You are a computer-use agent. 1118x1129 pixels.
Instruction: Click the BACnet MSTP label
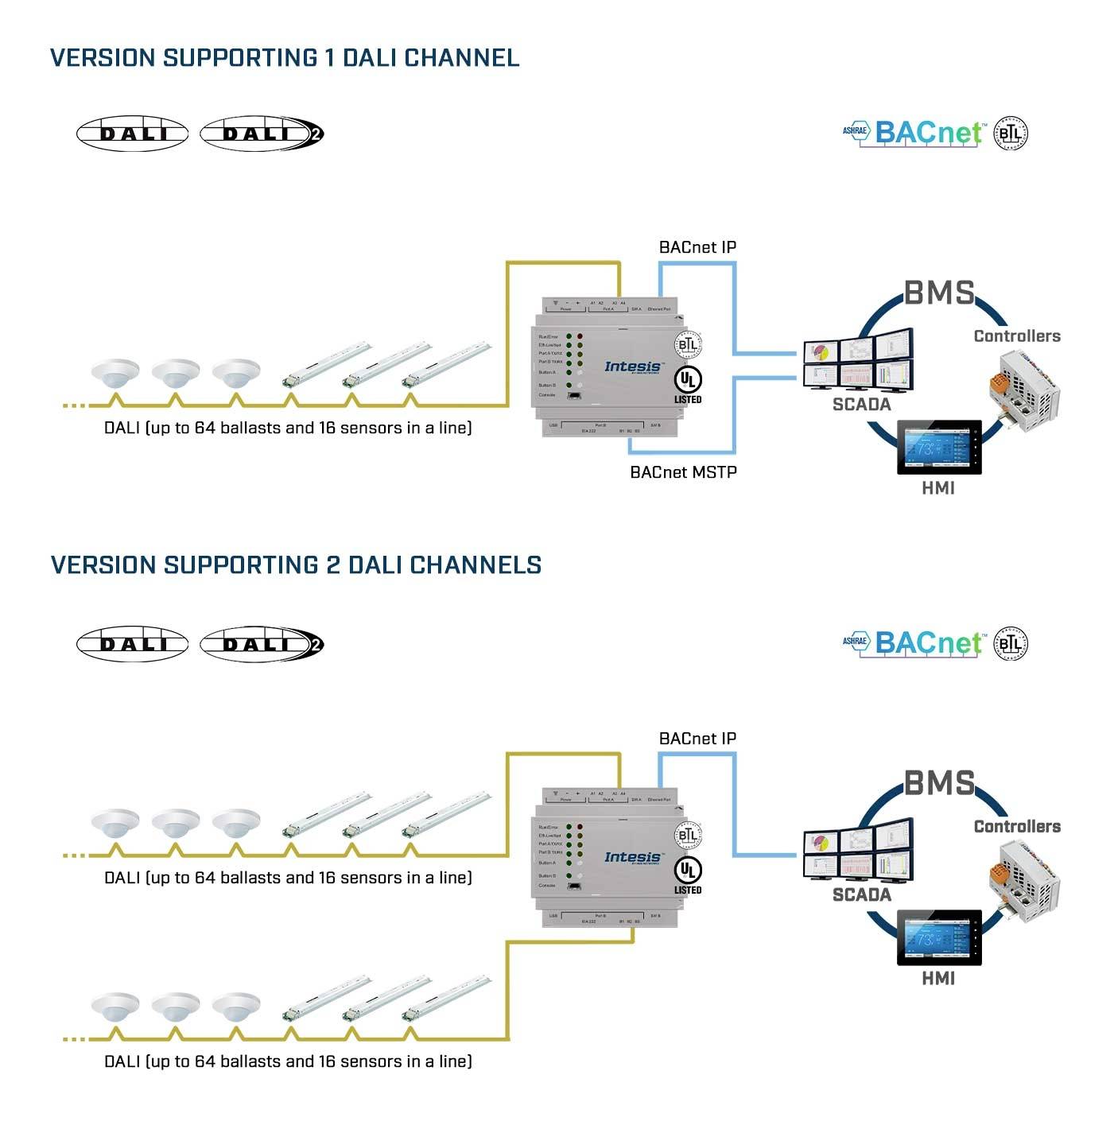point(683,472)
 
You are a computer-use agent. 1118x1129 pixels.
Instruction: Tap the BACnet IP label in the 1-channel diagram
point(697,247)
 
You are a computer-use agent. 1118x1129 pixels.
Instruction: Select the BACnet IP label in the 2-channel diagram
point(697,739)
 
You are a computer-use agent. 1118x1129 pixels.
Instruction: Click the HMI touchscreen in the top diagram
point(938,448)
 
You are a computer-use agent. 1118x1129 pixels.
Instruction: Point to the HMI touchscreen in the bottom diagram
point(938,938)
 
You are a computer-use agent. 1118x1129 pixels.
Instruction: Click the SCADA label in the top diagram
point(861,405)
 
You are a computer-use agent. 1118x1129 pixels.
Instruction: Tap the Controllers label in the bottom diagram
point(1017,827)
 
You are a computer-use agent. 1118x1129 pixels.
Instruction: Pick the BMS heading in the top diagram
point(939,293)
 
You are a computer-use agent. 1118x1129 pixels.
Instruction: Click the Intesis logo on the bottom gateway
point(632,857)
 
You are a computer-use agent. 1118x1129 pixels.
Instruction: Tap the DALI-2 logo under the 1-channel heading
point(262,134)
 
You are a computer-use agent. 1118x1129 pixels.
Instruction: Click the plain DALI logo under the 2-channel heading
point(132,644)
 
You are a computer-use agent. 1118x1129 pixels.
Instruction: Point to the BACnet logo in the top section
point(928,133)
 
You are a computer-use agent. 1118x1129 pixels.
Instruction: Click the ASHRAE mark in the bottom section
point(855,641)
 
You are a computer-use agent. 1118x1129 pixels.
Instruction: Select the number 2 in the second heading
point(334,565)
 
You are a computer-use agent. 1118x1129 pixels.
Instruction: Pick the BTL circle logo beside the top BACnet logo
point(1011,133)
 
